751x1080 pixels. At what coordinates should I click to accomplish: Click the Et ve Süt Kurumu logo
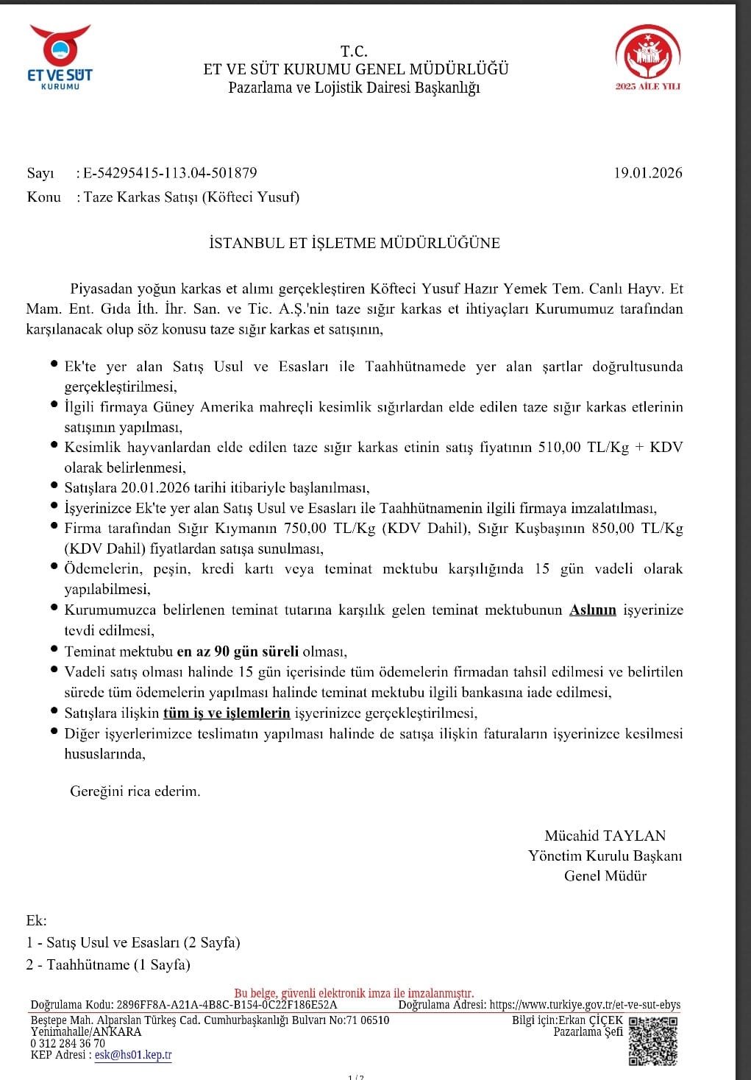tap(60, 58)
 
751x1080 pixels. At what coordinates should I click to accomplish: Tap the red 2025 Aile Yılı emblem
tap(647, 58)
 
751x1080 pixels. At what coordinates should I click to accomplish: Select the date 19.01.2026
tap(648, 173)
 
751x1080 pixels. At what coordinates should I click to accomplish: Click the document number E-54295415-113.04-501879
tap(170, 174)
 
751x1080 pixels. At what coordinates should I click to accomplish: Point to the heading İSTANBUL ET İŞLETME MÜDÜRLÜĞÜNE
tap(355, 243)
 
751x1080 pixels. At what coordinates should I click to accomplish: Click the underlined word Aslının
tap(593, 610)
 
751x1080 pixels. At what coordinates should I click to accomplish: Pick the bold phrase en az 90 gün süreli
tap(238, 651)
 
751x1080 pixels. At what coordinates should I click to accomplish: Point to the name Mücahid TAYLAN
tap(605, 836)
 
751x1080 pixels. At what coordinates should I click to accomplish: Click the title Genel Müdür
tap(605, 875)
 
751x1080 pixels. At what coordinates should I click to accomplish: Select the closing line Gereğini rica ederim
tap(135, 791)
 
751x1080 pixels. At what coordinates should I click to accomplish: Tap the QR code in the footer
tap(653, 1040)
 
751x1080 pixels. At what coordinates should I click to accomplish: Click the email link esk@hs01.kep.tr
tap(133, 1054)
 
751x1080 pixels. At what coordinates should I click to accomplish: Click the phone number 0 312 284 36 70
tap(68, 1043)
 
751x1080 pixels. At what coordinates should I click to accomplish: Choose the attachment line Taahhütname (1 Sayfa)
tap(118, 964)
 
